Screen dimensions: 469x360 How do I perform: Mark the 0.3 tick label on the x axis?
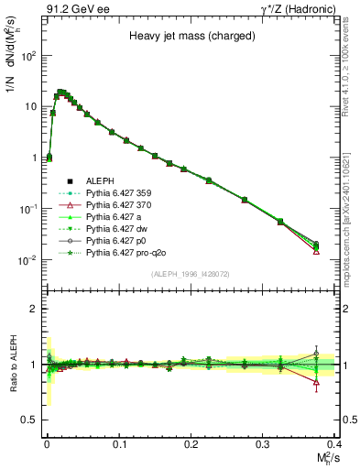pos(263,442)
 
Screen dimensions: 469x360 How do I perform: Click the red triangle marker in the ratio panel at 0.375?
pos(316,383)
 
